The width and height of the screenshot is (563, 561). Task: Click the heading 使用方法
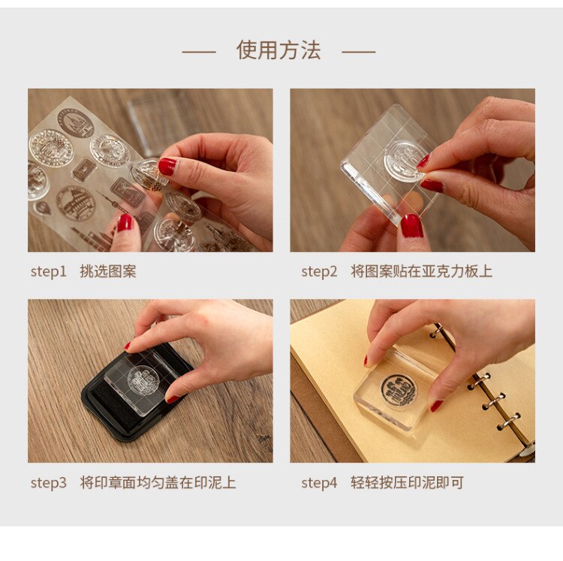[x=278, y=50]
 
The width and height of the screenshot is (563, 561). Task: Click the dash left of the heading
[x=199, y=52]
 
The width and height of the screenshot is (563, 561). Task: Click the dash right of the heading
[x=358, y=52]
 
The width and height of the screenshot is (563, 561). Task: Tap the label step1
[x=49, y=271]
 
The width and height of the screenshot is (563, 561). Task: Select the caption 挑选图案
[x=108, y=271]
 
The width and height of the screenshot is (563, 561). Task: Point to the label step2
[x=320, y=271]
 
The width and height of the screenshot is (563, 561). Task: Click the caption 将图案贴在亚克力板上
[x=421, y=271]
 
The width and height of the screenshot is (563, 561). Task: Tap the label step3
[x=49, y=483]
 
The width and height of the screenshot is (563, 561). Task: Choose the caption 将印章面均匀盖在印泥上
[x=158, y=483]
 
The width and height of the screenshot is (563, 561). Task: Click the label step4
[x=320, y=483]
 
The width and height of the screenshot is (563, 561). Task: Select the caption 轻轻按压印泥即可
[x=407, y=483]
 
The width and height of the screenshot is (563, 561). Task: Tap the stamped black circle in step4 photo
[x=397, y=388]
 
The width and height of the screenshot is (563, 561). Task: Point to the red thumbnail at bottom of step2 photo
[x=411, y=225]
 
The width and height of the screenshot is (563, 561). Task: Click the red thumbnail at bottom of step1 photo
[x=125, y=223]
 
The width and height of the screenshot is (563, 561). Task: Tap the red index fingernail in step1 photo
[x=167, y=166]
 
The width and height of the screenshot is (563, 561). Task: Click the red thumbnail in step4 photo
[x=436, y=406]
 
